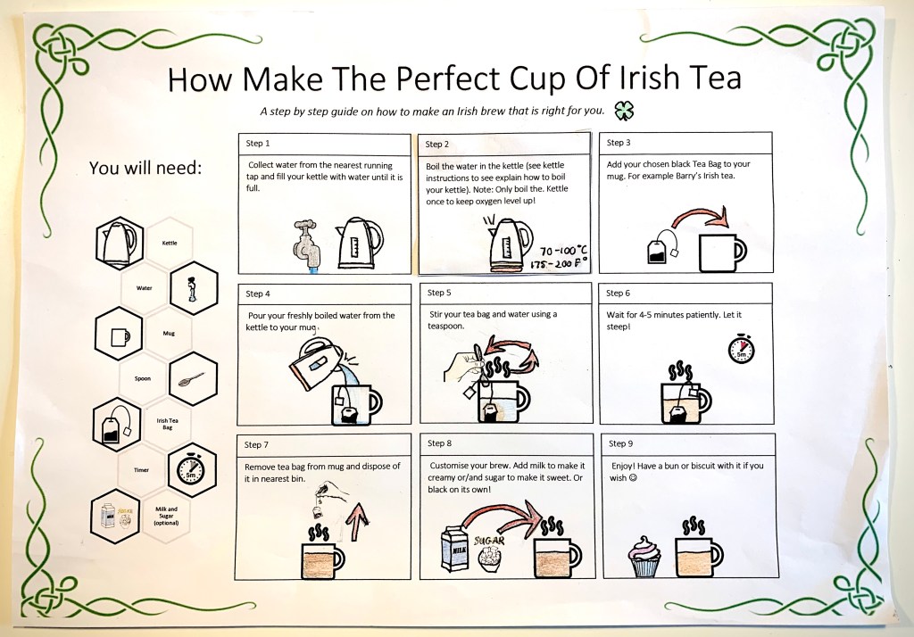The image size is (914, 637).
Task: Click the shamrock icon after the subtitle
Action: tap(624, 111)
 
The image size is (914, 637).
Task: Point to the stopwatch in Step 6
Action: tap(741, 349)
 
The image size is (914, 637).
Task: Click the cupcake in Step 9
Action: tap(644, 557)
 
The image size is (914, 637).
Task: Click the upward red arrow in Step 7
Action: tap(357, 521)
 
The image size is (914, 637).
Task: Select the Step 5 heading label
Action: tap(439, 293)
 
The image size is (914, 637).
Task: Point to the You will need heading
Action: tap(145, 168)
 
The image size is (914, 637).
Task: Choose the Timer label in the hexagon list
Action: tap(141, 470)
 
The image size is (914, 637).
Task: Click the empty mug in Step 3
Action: tap(722, 252)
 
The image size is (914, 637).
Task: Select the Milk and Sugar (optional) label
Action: tap(166, 516)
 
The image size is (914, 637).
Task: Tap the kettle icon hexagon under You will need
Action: tap(120, 243)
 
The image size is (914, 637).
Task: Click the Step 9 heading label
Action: tap(620, 443)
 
